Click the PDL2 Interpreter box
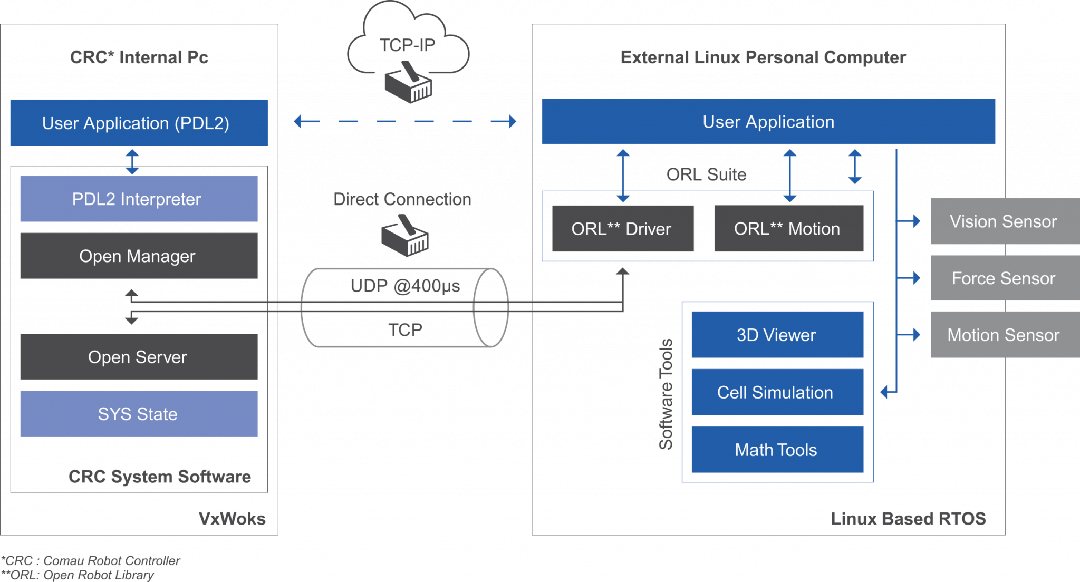139,199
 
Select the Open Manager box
139,256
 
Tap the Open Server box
139,357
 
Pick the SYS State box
139,414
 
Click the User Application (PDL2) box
139,123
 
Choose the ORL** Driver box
622,229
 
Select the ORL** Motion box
788,229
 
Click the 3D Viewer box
777,335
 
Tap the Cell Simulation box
777,392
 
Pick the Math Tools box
777,450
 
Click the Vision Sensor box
1004,221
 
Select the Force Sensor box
1004,278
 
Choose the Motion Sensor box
1004,335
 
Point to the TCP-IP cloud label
408,45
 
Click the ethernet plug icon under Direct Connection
405,237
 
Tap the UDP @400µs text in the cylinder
405,286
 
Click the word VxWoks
232,519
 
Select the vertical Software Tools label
666,394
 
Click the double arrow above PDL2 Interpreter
132,161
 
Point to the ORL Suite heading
706,174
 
